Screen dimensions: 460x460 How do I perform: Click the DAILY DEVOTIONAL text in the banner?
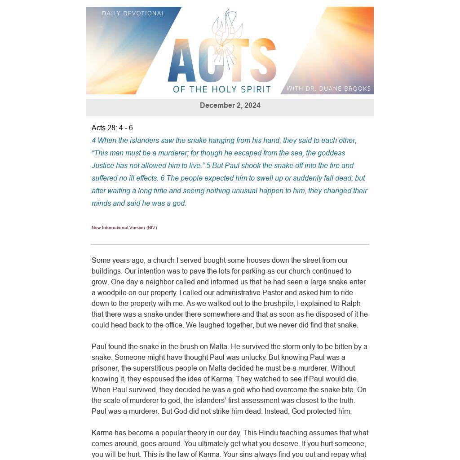pyautogui.click(x=133, y=13)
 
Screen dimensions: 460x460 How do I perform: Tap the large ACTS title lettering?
pyautogui.click(x=221, y=61)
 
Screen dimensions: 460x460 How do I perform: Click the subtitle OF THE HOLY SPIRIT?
pyautogui.click(x=222, y=89)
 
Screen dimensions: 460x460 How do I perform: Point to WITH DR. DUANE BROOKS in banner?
pyautogui.click(x=328, y=88)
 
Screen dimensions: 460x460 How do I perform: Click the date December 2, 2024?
pyautogui.click(x=230, y=106)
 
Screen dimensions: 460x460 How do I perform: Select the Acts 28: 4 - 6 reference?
pyautogui.click(x=112, y=128)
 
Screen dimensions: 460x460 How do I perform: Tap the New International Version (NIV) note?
pyautogui.click(x=124, y=228)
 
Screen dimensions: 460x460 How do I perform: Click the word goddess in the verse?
pyautogui.click(x=332, y=153)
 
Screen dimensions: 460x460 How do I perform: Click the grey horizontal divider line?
pyautogui.click(x=230, y=244)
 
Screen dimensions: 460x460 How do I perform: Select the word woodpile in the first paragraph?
pyautogui.click(x=112, y=293)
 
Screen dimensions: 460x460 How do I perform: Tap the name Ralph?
pyautogui.click(x=351, y=304)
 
